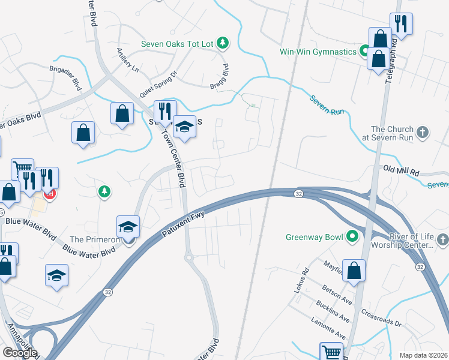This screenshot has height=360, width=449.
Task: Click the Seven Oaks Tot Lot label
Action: [177, 43]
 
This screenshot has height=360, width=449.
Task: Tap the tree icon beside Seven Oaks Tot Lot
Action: [223, 42]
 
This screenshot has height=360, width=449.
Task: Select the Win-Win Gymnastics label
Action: [318, 52]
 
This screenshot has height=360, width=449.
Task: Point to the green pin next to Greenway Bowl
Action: [353, 236]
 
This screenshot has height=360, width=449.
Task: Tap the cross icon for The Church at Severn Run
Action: [423, 132]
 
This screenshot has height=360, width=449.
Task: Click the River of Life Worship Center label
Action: [402, 241]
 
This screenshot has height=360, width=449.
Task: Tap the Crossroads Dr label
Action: [381, 319]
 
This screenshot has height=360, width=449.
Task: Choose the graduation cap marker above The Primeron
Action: [128, 227]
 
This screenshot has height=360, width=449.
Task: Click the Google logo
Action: [20, 353]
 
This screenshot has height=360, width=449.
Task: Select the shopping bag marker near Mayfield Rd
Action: [355, 270]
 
